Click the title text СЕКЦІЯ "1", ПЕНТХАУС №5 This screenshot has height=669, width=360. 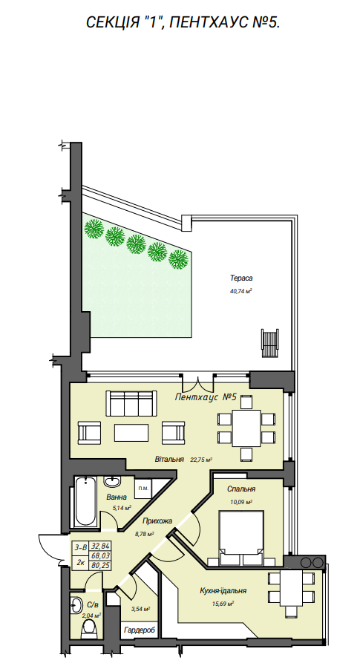pyautogui.click(x=183, y=22)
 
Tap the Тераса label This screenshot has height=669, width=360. pyautogui.click(x=241, y=278)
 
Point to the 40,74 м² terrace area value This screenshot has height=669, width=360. pyautogui.click(x=241, y=292)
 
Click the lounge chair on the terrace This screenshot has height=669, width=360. pyautogui.click(x=269, y=344)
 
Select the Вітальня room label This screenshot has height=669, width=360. pyautogui.click(x=169, y=460)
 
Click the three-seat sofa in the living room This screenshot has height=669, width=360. pyautogui.click(x=131, y=404)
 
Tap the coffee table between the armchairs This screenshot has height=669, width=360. pyautogui.click(x=132, y=432)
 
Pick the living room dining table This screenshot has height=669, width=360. pyautogui.click(x=246, y=428)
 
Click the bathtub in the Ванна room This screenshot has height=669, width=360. pyautogui.click(x=86, y=502)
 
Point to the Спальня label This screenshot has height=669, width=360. pyautogui.click(x=241, y=489)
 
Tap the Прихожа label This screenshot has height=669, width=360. pyautogui.click(x=157, y=520)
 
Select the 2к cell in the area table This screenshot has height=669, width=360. pyautogui.click(x=79, y=563)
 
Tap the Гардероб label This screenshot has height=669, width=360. pyautogui.click(x=137, y=630)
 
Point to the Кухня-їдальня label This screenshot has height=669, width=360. pyautogui.click(x=223, y=591)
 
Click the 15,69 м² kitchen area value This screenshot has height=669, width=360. pyautogui.click(x=223, y=604)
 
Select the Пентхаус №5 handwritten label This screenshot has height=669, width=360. pyautogui.click(x=206, y=397)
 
